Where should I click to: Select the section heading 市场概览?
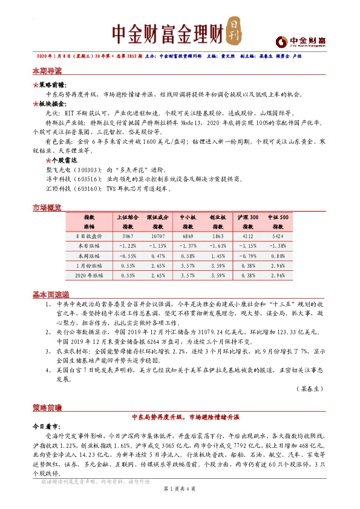(x=47, y=208)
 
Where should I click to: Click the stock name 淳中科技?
(x=57, y=179)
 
